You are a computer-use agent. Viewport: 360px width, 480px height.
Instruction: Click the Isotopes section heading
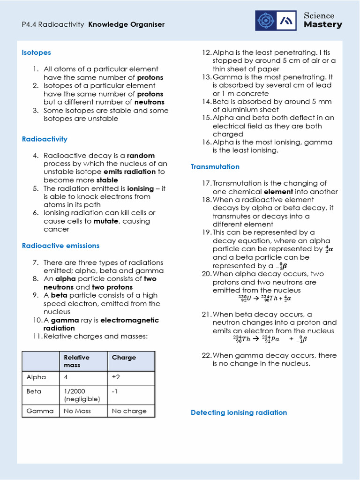pos(37,52)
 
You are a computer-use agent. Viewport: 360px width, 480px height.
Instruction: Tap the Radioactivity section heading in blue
pos(45,139)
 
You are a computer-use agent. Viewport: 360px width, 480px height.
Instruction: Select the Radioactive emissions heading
pos(60,246)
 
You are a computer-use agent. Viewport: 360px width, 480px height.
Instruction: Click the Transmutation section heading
pos(215,166)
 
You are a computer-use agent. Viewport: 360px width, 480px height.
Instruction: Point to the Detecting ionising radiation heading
pos(239,412)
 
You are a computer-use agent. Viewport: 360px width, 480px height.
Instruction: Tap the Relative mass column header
pos(77,361)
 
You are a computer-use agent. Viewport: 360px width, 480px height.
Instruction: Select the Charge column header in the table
pos(124,357)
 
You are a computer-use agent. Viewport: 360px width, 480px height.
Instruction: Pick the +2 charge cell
pos(116,377)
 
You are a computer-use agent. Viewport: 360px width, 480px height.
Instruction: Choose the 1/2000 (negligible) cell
pos(82,395)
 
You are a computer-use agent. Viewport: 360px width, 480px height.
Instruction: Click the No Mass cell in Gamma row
pos(77,411)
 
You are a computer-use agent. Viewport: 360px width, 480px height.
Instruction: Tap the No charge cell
pos(129,411)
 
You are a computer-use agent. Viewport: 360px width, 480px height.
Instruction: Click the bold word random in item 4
pos(141,156)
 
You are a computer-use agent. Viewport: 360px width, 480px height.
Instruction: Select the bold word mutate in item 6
pos(106,221)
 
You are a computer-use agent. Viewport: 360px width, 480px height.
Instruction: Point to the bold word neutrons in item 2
pos(150,102)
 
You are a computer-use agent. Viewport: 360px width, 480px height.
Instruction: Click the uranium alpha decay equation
pos(265,298)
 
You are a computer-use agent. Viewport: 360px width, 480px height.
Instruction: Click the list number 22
pos(207,355)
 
